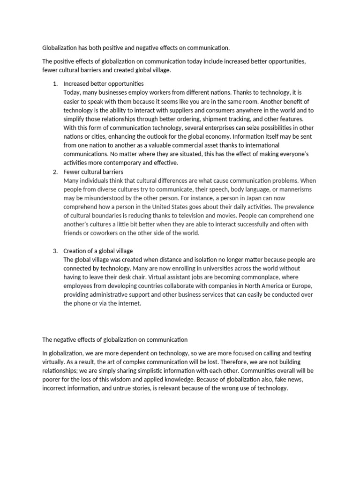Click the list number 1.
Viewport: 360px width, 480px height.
54,83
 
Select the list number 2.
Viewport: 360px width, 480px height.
54,172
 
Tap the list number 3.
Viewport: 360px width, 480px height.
54,251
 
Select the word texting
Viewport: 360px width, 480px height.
300,353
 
